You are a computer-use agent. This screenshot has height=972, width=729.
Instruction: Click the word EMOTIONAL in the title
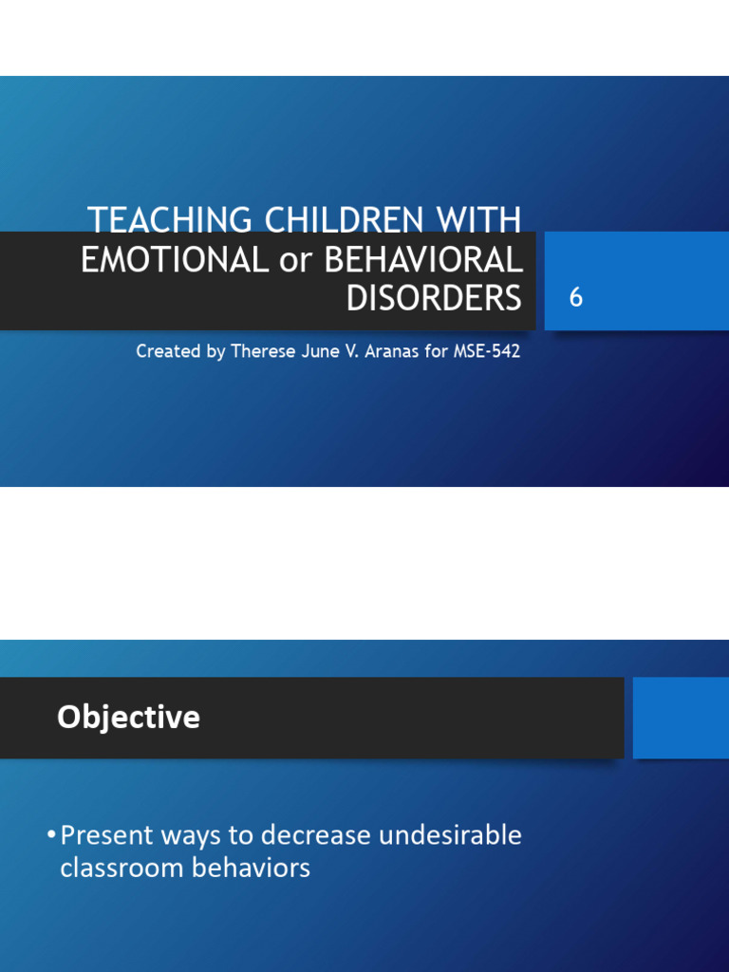coord(174,260)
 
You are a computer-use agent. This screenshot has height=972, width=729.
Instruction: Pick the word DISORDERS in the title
coord(434,298)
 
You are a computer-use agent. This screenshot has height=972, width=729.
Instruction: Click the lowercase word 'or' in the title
coord(294,261)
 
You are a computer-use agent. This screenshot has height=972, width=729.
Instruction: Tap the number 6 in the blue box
coord(575,298)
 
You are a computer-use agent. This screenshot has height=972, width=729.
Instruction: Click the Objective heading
coord(128,718)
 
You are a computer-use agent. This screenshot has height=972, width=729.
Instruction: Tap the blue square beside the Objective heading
coord(680,718)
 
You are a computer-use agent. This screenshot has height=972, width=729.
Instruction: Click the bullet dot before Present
coord(50,836)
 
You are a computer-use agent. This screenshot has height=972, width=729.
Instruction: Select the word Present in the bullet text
coord(106,836)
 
